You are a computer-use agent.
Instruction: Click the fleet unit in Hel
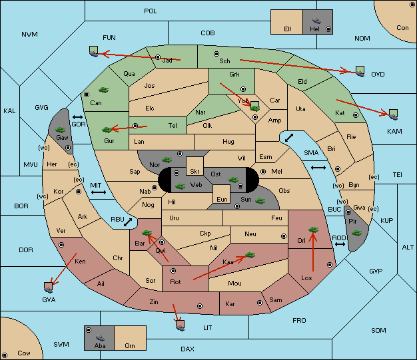(x=316, y=21)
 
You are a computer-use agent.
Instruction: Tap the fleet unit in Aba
(x=100, y=337)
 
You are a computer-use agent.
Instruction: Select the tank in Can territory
(x=104, y=90)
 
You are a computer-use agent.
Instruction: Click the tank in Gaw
(x=61, y=129)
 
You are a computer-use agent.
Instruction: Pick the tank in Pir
(x=356, y=233)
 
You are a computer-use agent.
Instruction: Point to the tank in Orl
(x=313, y=230)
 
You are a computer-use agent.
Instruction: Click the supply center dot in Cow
(x=5, y=355)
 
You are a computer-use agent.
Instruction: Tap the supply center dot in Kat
(x=356, y=115)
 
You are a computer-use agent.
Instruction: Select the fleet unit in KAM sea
(x=393, y=114)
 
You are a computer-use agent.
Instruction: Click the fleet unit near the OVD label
(x=360, y=71)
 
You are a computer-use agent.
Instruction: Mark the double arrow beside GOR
(x=78, y=117)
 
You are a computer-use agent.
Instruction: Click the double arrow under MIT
(x=99, y=192)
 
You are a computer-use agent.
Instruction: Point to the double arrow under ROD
(x=340, y=244)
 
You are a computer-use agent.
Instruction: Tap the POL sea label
(x=151, y=11)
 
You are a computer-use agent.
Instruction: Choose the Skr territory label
(x=195, y=172)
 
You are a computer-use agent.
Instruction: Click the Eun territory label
(x=222, y=199)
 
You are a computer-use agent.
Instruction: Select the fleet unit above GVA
(x=49, y=287)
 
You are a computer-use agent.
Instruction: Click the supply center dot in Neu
(x=284, y=236)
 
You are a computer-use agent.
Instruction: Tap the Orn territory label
(x=130, y=345)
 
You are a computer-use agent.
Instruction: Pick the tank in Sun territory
(x=260, y=201)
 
